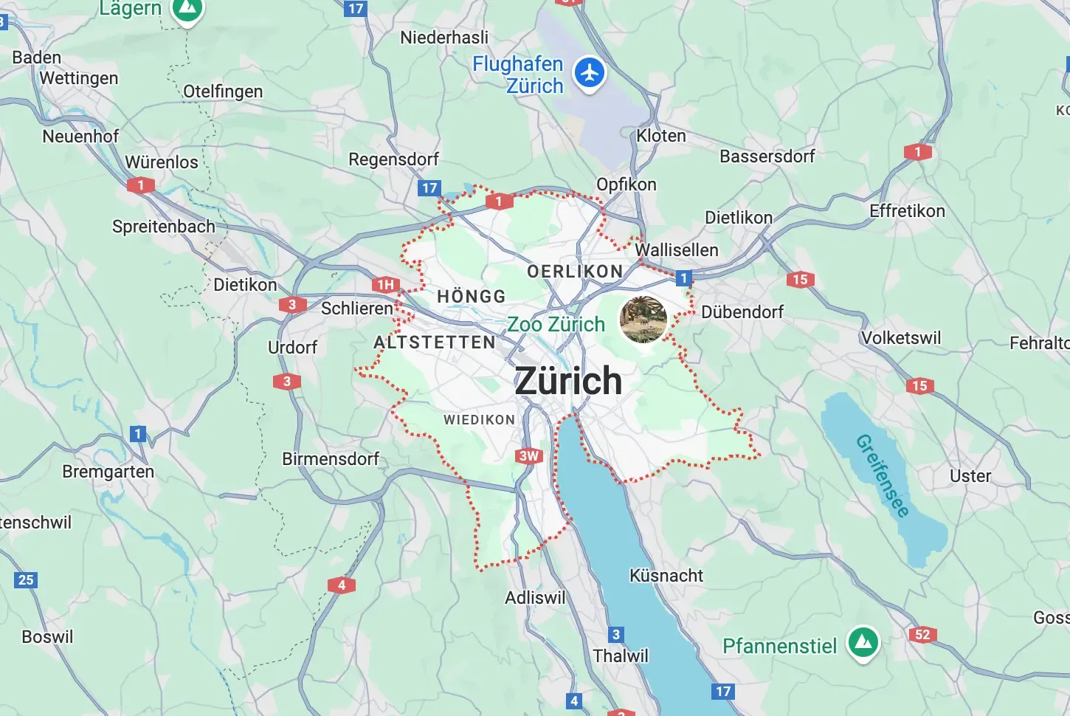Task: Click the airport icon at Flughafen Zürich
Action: click(x=590, y=73)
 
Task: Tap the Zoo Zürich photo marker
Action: click(x=643, y=320)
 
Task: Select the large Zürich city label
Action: click(x=568, y=381)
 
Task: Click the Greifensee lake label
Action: click(x=883, y=476)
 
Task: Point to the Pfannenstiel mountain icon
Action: click(x=863, y=643)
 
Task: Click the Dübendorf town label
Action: click(x=742, y=312)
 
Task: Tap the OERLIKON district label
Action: click(x=575, y=272)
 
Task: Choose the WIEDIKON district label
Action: click(x=479, y=420)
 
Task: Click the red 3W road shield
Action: click(x=529, y=456)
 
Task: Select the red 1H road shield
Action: click(x=385, y=285)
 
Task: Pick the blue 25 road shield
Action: click(x=26, y=579)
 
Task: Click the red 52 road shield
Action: click(x=922, y=634)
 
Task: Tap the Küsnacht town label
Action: click(x=666, y=576)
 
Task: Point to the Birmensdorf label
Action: click(x=331, y=459)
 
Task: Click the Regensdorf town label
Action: click(x=393, y=159)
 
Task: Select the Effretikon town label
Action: click(x=907, y=211)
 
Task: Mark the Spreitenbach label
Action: click(x=164, y=227)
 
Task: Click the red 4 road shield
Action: click(x=342, y=585)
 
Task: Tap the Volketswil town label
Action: click(x=901, y=338)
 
